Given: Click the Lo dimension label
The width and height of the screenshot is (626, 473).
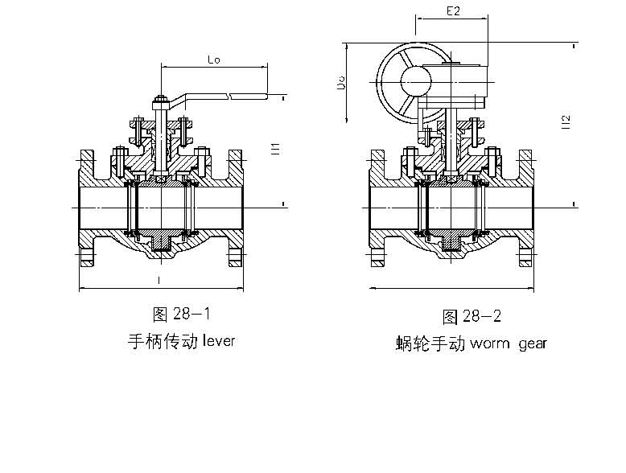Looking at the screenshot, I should click(215, 59).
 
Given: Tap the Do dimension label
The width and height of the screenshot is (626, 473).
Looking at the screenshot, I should click(341, 83).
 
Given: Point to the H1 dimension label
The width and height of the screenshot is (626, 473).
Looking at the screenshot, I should click(275, 147).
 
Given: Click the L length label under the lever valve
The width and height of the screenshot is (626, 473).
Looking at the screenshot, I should click(159, 280).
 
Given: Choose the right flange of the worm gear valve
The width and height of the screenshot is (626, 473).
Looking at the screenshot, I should click(525, 206).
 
